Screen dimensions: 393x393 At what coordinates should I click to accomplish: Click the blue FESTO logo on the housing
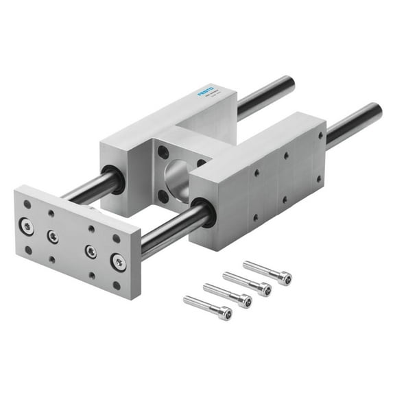206,92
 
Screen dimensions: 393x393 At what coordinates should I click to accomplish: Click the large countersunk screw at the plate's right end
119,261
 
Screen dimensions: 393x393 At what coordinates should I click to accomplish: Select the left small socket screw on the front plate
53,237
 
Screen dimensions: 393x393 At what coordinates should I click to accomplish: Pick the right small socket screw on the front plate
91,250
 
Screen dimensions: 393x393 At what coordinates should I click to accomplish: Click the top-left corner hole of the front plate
27,204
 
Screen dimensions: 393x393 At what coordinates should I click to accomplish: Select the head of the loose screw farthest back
283,278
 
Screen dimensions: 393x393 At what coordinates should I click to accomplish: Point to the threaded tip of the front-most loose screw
187,299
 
